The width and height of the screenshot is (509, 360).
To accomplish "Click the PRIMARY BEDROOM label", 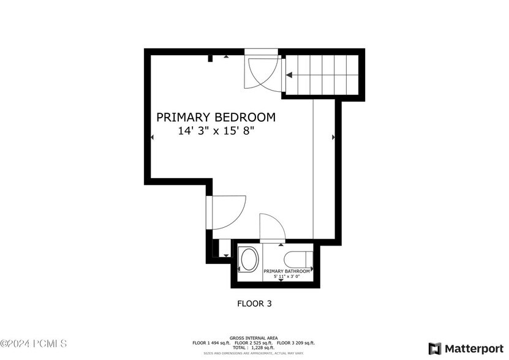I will pos(216,117).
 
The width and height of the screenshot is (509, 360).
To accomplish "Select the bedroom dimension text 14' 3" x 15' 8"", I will pos(216,130).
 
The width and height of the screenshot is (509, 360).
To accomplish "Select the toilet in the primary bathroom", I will pos(300,258).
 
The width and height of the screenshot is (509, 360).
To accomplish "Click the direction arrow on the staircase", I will pos(289,75).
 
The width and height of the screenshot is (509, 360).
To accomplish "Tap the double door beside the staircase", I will pos(262,72).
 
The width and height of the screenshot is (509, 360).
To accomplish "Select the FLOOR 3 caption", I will pos(254,303).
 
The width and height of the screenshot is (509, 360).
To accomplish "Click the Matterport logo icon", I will pos(434,348).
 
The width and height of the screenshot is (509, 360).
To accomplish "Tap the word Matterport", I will pos(474,348).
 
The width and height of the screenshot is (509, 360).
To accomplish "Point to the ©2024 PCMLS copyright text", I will pos(34,344).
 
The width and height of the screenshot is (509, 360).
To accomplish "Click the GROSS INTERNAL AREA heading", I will pos(254,338).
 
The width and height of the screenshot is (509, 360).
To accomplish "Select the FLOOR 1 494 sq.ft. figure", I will pos(211,343).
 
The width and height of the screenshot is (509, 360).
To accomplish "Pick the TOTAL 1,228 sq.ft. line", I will pos(254,348).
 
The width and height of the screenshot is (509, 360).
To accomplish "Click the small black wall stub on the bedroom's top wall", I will pos(210,59).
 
